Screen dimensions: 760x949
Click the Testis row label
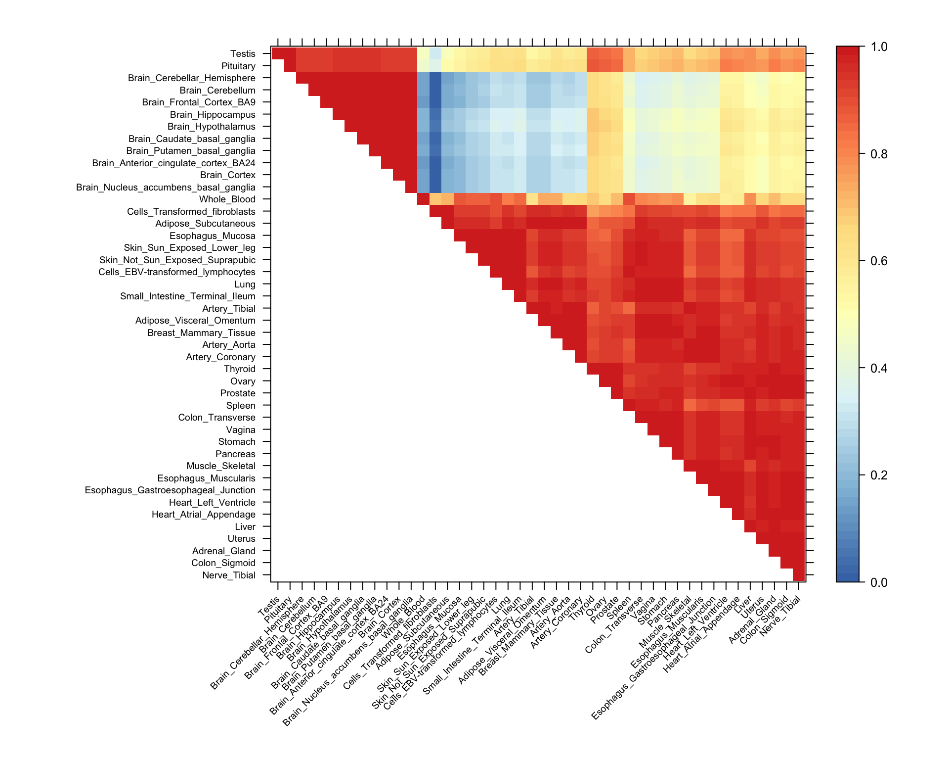pyautogui.click(x=243, y=54)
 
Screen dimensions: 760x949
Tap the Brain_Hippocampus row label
pyautogui.click(x=213, y=115)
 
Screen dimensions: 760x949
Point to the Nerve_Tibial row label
pyautogui.click(x=229, y=575)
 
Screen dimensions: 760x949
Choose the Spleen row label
pyautogui.click(x=241, y=406)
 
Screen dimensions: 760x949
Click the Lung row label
pyautogui.click(x=245, y=285)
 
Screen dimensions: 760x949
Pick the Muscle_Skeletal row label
pyautogui.click(x=221, y=466)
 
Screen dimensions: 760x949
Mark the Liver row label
pyautogui.click(x=245, y=527)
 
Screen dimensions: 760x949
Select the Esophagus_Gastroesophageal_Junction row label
pyautogui.click(x=170, y=490)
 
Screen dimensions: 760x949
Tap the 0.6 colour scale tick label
pyautogui.click(x=879, y=261)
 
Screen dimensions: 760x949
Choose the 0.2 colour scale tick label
pyautogui.click(x=879, y=475)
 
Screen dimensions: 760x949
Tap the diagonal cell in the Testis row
pyautogui.click(x=278, y=53)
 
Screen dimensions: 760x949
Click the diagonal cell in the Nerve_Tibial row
pyautogui.click(x=799, y=575)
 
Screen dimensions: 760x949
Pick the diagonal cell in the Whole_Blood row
pyautogui.click(x=423, y=199)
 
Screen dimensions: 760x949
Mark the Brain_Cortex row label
pyautogui.click(x=227, y=175)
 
